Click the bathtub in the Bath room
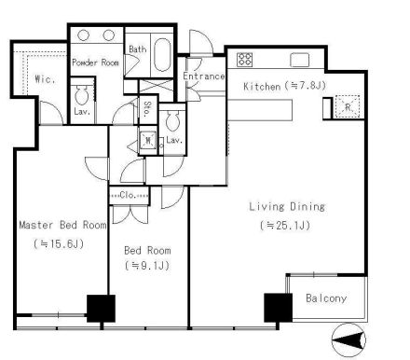click(162, 55)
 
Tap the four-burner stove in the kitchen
click(244, 60)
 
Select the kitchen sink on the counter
click(300, 60)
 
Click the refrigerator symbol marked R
click(348, 107)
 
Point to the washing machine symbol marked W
click(148, 141)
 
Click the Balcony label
click(326, 298)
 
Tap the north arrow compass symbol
click(348, 339)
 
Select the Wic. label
click(45, 79)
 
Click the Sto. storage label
click(147, 108)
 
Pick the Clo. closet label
click(130, 196)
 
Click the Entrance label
click(204, 76)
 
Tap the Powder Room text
click(95, 62)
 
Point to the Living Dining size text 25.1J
click(285, 225)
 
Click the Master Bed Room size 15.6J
click(59, 243)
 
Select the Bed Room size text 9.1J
click(147, 265)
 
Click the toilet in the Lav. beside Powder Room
click(82, 95)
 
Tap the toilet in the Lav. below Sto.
click(172, 120)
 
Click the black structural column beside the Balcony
click(278, 308)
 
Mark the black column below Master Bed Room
click(101, 309)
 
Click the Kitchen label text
click(262, 86)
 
